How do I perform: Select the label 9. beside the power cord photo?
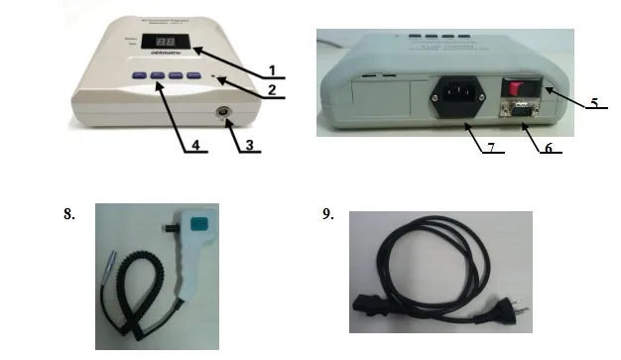(328, 213)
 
